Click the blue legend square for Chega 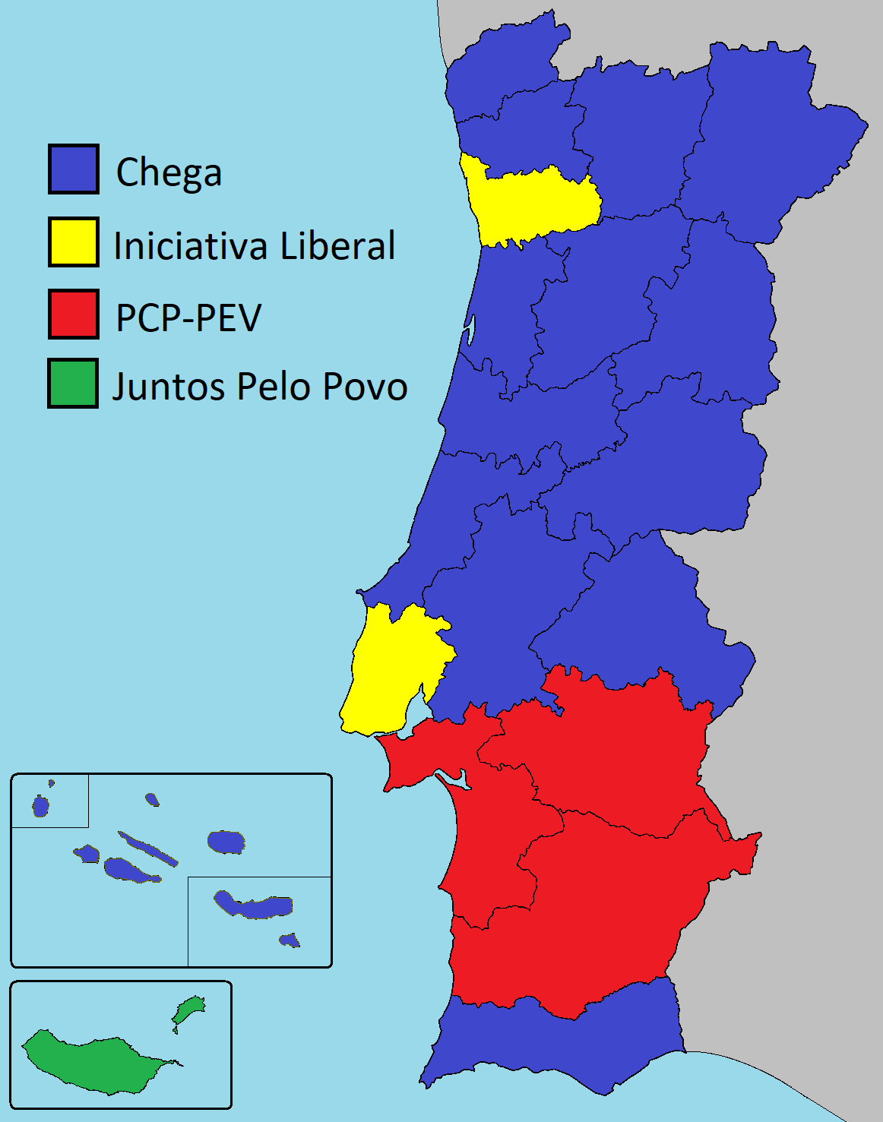74,169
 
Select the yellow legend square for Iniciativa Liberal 74,242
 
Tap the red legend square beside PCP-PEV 74,314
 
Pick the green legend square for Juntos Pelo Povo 73,383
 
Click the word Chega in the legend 169,173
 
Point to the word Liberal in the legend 337,246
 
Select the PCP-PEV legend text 188,318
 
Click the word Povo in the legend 366,387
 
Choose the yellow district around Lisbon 391,668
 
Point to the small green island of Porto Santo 188,1010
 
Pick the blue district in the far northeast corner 767,137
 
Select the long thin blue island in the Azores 148,848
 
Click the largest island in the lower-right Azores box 255,906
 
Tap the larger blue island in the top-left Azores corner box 40,805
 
